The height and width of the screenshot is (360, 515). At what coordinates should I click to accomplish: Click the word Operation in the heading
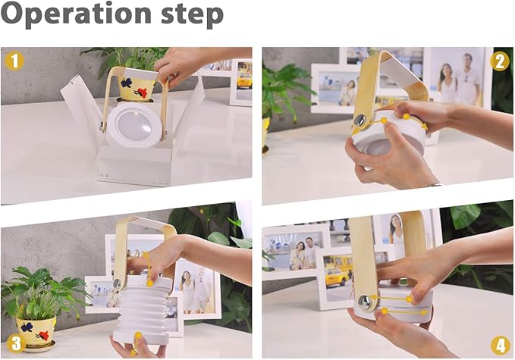(76, 14)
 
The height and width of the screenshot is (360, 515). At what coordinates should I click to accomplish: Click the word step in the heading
(192, 14)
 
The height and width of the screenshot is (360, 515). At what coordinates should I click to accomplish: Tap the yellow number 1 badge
(14, 61)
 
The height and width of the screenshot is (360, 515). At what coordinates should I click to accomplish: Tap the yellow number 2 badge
(500, 61)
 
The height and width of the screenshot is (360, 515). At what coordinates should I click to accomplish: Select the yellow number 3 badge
(16, 343)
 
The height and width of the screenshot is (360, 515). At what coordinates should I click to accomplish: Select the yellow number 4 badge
(501, 346)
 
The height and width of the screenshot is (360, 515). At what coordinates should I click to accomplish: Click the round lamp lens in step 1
(135, 125)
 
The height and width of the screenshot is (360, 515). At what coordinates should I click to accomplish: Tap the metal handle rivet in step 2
(360, 120)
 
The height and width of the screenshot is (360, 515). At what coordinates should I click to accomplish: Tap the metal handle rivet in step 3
(117, 283)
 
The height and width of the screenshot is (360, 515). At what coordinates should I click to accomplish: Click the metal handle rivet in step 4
(364, 301)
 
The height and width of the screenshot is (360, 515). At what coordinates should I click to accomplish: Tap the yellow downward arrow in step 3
(147, 268)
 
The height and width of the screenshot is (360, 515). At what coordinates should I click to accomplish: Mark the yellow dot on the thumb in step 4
(385, 311)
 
